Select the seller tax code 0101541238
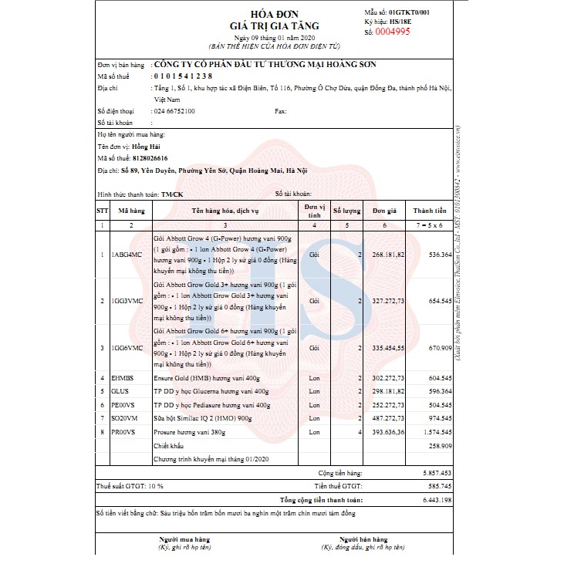183,76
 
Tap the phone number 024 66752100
174,111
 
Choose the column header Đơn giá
383,210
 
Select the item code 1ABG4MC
127,254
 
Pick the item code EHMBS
123,378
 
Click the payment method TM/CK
172,194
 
